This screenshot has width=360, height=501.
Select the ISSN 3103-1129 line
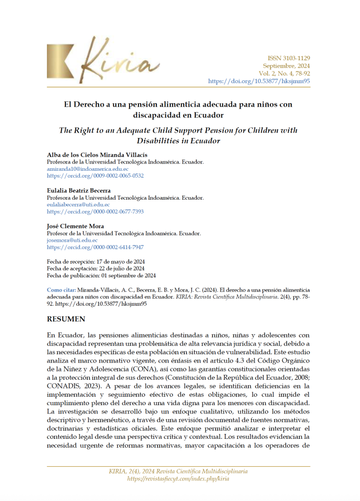pyautogui.click(x=288, y=58)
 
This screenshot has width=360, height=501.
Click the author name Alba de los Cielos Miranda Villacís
pyautogui.click(x=97, y=155)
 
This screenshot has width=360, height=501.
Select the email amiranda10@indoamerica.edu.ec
pyautogui.click(x=88, y=168)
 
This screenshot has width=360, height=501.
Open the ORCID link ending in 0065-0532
pyautogui.click(x=95, y=175)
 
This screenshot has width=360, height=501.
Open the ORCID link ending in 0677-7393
pyautogui.click(x=95, y=211)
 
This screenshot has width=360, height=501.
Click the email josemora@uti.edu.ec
pyautogui.click(x=72, y=240)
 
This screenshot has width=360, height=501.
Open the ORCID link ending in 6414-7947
pyautogui.click(x=95, y=248)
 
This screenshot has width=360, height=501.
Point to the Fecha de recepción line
pyautogui.click(x=95, y=262)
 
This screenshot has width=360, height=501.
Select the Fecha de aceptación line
pyautogui.click(x=95, y=269)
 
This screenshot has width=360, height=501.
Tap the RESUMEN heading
pyautogui.click(x=66, y=319)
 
